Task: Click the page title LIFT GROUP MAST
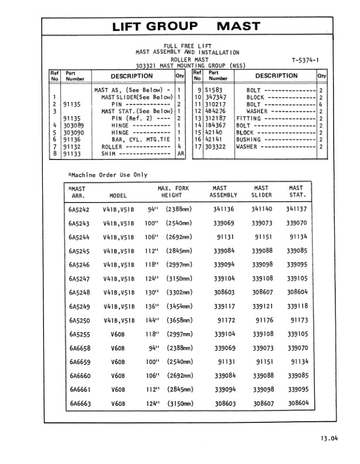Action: [186, 26]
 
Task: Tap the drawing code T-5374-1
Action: [304, 60]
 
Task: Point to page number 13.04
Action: [329, 438]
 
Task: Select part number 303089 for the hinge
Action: [73, 126]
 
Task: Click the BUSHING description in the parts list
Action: [249, 140]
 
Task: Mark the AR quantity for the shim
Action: [181, 154]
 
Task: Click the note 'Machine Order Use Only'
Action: [108, 175]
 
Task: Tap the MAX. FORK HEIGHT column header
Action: [171, 192]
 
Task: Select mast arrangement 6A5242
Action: [79, 209]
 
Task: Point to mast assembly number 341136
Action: [224, 209]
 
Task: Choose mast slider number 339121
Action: [262, 306]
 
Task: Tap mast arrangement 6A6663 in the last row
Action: [79, 404]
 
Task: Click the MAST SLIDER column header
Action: [261, 192]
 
